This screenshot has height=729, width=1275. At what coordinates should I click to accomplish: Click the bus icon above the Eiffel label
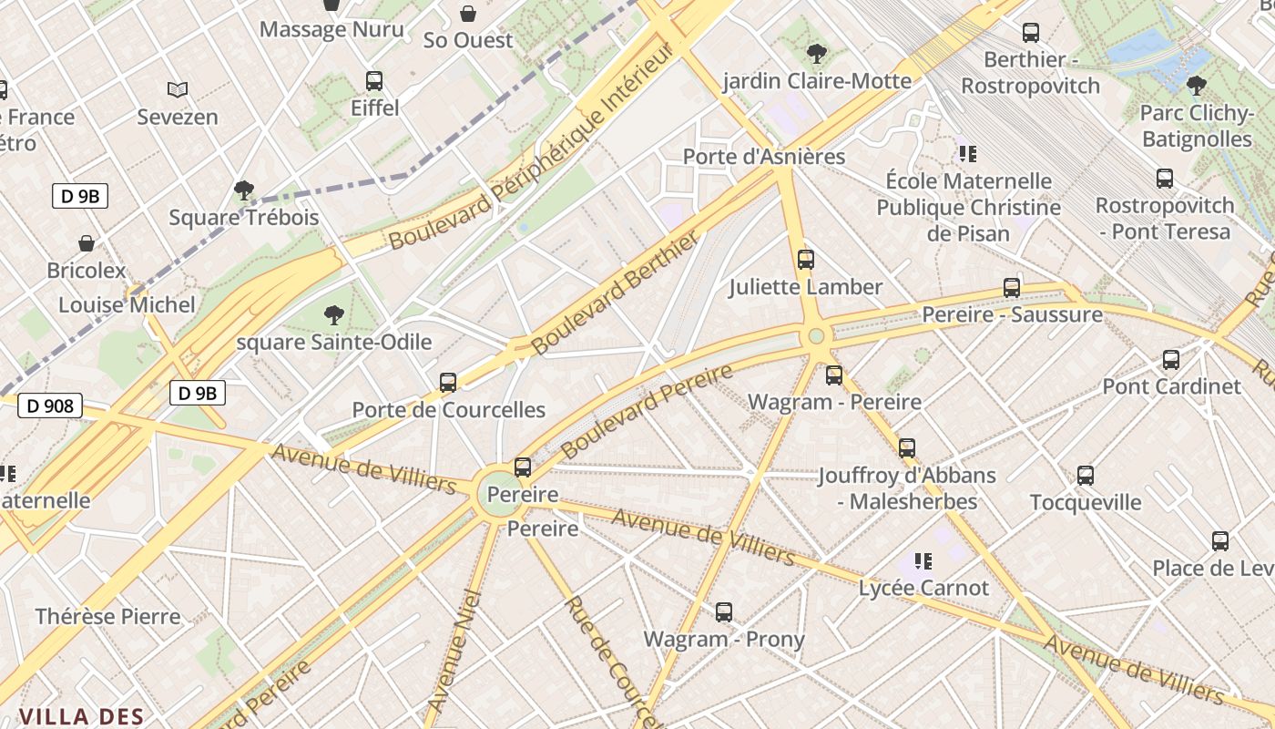click(374, 81)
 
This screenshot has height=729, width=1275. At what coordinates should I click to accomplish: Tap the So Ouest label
click(468, 40)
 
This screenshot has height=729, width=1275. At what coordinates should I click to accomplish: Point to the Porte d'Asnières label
click(764, 157)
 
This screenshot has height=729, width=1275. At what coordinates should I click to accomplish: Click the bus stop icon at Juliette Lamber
click(806, 260)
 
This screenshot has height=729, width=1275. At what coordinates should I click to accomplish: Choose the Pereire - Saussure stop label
click(1012, 315)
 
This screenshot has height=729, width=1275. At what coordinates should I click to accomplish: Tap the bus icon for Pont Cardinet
click(1171, 360)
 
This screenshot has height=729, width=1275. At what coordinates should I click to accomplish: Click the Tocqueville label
click(1085, 502)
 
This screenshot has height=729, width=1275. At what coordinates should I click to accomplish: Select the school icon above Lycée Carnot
click(923, 561)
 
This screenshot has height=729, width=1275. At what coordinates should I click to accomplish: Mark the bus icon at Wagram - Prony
click(724, 612)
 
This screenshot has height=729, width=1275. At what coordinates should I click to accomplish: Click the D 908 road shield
click(50, 406)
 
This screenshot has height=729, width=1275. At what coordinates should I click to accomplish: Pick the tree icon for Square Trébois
click(243, 190)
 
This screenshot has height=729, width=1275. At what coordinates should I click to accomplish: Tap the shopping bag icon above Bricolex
click(87, 243)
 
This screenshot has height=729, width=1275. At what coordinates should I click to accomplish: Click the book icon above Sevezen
click(178, 89)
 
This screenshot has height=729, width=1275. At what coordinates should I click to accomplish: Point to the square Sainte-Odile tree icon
click(334, 316)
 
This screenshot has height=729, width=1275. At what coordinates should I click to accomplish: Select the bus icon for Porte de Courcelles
click(448, 383)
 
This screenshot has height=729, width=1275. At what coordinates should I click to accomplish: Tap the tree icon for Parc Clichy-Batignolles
click(1197, 86)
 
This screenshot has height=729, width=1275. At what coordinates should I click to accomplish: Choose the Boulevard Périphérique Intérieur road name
click(531, 146)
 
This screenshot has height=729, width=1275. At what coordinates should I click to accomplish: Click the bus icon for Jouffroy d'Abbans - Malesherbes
click(907, 448)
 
